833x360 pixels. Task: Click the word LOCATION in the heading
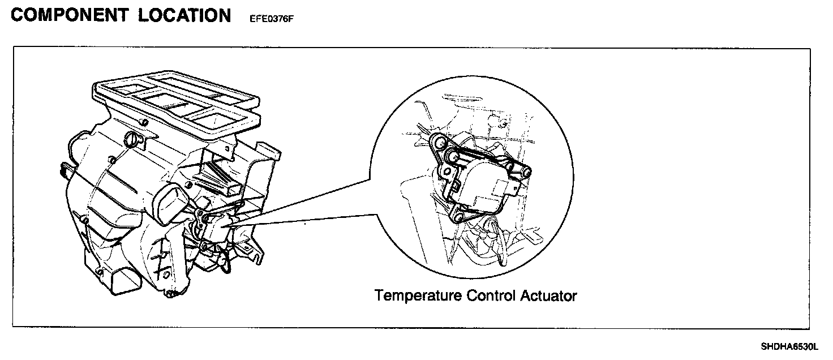184,15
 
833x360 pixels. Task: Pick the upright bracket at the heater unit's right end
266,156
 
